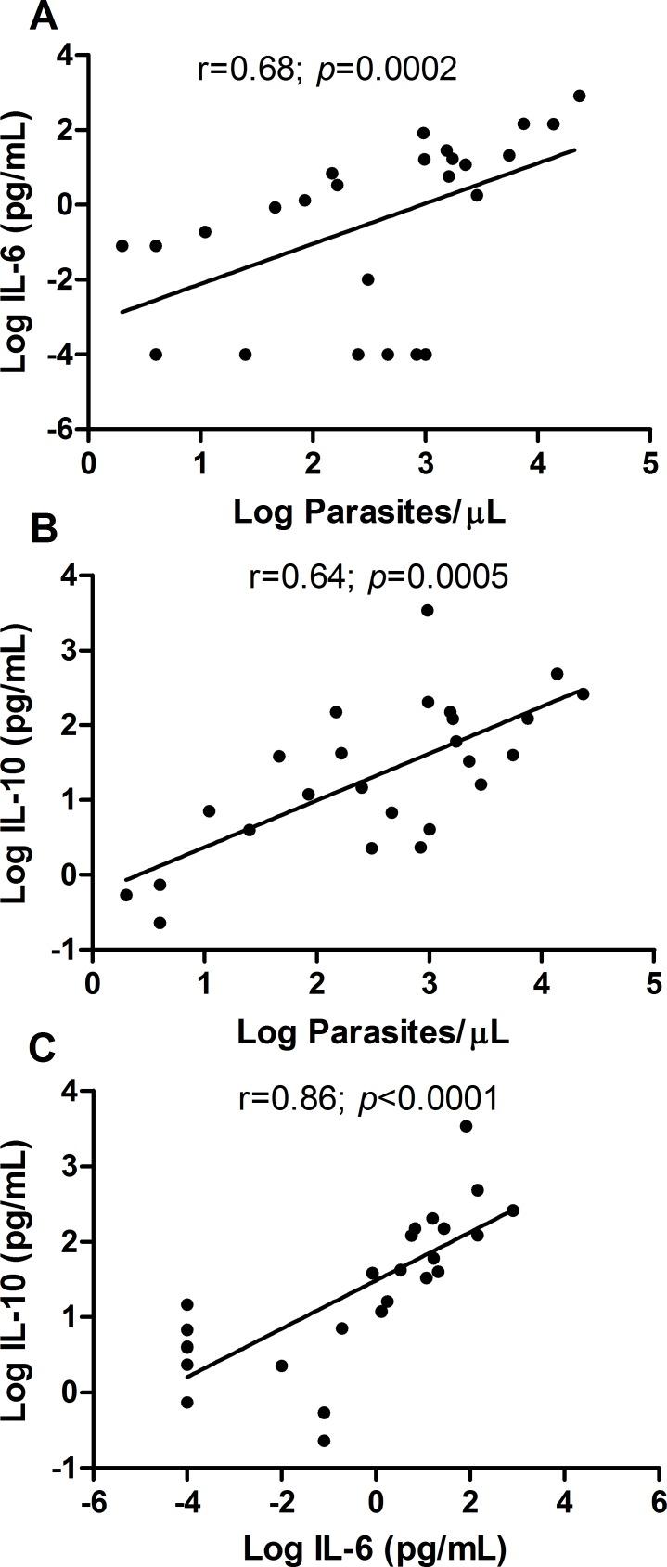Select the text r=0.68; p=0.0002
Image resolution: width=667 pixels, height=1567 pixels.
[x=327, y=69]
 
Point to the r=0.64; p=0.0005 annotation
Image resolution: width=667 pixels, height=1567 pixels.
[x=378, y=577]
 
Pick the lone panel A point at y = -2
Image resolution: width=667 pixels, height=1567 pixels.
[x=367, y=278]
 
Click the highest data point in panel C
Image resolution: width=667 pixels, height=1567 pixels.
[x=466, y=1126]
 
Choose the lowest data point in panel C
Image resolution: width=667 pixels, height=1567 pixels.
[x=324, y=1441]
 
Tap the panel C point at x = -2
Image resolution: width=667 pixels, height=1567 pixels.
[x=281, y=1366]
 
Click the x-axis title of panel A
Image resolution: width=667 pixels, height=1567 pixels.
[x=369, y=512]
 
